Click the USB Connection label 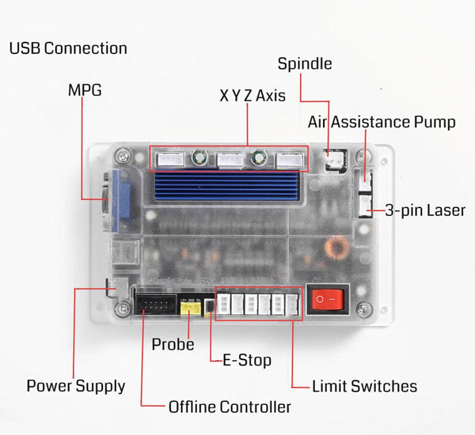(x=68, y=48)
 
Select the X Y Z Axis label (x=253, y=96)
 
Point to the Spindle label (x=304, y=64)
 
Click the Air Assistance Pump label (x=382, y=123)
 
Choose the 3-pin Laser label (x=425, y=210)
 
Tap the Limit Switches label (x=364, y=386)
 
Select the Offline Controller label (x=230, y=407)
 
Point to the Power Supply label (x=76, y=386)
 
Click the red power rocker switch (x=327, y=301)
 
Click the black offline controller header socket (x=155, y=304)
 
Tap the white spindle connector (x=333, y=160)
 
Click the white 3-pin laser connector (x=366, y=208)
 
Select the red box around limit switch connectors (x=258, y=304)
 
